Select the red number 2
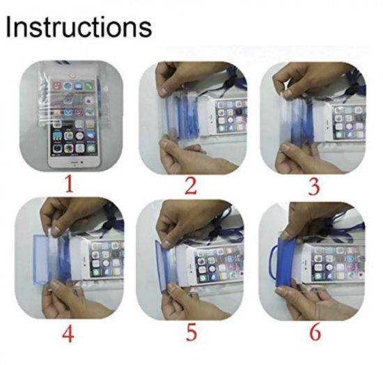click(x=189, y=185)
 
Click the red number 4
click(x=68, y=334)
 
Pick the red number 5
click(x=190, y=334)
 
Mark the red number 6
click(x=313, y=334)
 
